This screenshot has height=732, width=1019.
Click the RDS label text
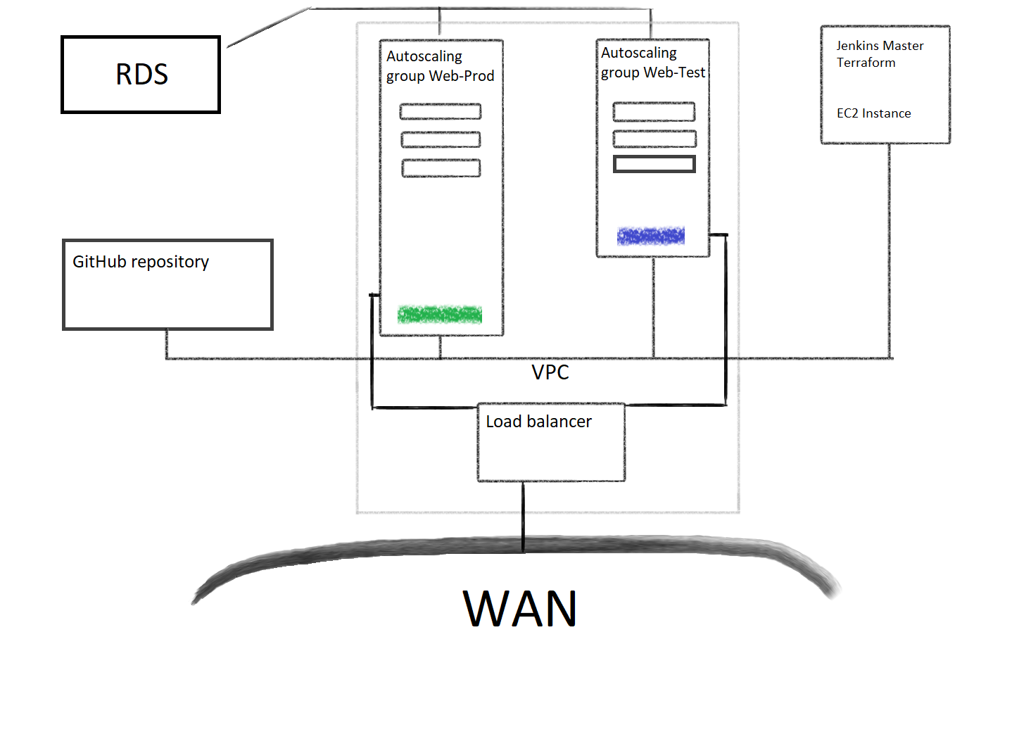141,74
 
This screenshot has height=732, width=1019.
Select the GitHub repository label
141,262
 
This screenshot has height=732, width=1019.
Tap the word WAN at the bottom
520,608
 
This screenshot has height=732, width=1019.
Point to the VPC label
550,372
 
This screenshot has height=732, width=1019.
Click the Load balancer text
538,422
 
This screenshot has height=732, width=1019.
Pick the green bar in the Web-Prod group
439,315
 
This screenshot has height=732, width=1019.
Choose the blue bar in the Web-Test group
650,236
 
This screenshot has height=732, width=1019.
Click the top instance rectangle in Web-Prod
441,111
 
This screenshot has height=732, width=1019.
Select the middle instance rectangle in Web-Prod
441,139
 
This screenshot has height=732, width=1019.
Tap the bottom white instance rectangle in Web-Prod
441,168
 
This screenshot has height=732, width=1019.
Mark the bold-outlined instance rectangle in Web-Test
654,164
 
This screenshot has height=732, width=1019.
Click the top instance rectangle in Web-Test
654,111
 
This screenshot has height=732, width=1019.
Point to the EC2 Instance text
873,113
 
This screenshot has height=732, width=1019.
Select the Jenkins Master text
880,46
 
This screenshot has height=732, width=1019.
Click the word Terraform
866,63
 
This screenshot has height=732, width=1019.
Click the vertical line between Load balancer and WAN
523,517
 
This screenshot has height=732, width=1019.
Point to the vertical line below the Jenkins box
889,251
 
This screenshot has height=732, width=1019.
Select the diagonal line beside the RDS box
269,27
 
